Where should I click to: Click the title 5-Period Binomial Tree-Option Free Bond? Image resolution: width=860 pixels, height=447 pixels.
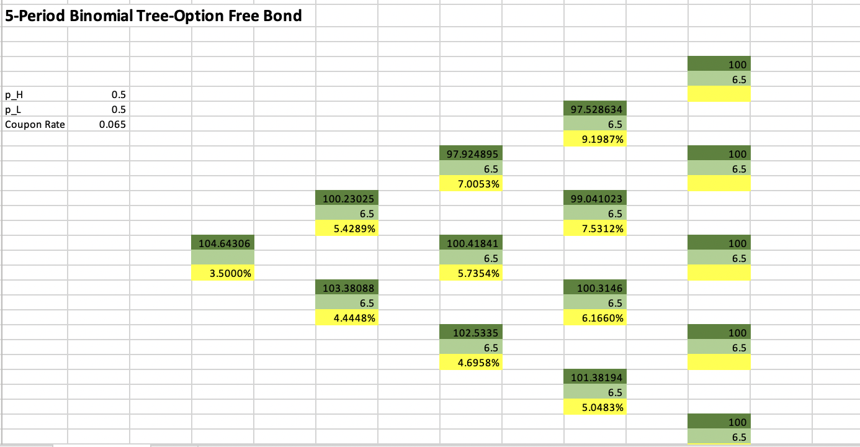click(153, 16)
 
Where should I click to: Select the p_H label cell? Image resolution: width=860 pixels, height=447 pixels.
click(35, 94)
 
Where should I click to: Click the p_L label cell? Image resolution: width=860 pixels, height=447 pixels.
click(35, 109)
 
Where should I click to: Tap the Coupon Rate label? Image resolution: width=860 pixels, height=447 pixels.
click(35, 124)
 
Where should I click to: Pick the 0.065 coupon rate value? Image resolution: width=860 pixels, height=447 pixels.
click(99, 124)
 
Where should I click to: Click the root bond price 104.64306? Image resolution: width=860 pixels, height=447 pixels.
click(223, 243)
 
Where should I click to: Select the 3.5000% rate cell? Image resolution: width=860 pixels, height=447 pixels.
click(223, 273)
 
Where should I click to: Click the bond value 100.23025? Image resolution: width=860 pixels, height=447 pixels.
click(347, 198)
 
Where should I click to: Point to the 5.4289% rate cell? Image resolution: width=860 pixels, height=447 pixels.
click(347, 228)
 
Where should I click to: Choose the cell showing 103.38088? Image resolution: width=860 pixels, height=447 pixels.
click(347, 287)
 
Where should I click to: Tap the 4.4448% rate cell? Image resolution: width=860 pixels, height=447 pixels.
click(347, 318)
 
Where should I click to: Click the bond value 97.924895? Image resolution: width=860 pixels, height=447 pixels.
click(471, 153)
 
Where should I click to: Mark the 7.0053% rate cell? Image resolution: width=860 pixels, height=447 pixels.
click(471, 184)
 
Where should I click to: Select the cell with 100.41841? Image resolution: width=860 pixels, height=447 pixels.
click(471, 243)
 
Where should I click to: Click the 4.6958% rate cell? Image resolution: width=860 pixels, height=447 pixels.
click(471, 362)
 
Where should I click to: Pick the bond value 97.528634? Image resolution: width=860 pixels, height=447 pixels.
click(594, 109)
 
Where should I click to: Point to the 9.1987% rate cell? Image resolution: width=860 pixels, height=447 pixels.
click(594, 139)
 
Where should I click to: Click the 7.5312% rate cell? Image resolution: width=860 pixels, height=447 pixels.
click(594, 228)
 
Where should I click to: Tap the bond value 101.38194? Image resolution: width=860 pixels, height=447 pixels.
click(594, 377)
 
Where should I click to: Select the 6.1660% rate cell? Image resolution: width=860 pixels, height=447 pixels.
click(594, 318)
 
